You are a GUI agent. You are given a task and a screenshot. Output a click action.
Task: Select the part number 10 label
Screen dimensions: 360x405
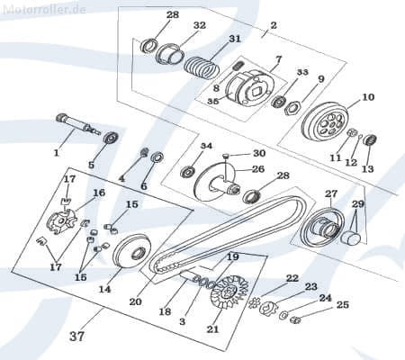pos(368,97)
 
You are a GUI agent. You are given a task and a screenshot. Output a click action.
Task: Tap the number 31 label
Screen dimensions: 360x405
pos(234,39)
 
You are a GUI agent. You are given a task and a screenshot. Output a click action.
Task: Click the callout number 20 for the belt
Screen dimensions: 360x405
pos(136,301)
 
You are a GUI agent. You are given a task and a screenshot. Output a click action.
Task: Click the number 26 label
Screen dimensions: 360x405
pos(257,168)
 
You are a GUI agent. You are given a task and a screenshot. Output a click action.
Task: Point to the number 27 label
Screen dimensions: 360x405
pos(330,193)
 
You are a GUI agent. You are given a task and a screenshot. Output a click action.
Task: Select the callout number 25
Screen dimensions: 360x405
pos(342,305)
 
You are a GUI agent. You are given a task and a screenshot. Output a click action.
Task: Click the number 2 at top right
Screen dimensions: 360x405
pos(273,26)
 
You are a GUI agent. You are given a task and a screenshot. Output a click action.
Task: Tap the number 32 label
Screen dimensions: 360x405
pos(199,25)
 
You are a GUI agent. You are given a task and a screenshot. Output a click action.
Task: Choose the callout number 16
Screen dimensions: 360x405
pos(99,193)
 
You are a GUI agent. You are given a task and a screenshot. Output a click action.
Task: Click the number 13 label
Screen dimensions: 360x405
pos(366,168)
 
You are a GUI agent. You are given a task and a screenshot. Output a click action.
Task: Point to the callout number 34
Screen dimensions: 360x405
pos(206,146)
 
